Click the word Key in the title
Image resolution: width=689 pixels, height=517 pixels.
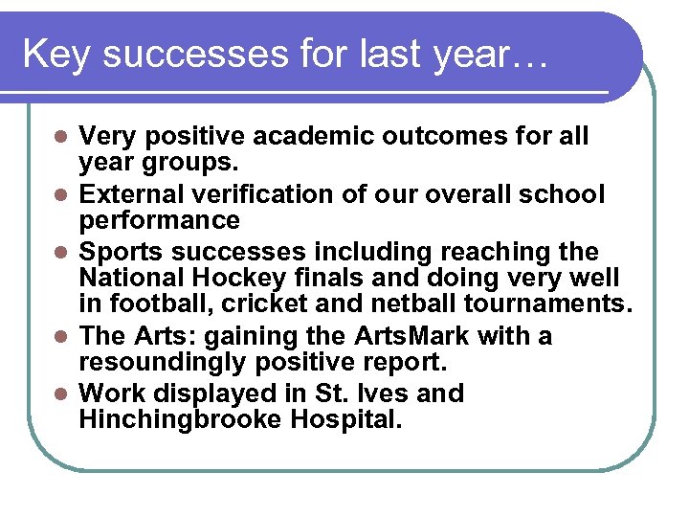click(56, 55)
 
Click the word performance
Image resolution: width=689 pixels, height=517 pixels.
click(159, 220)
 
